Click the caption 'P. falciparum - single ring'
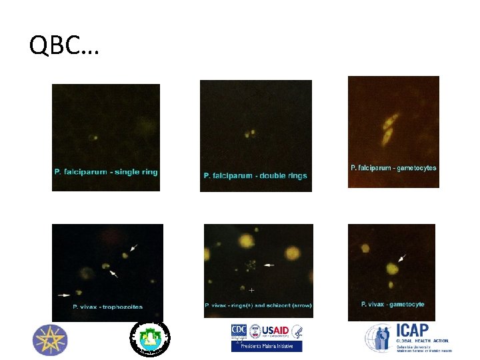coord(106,172)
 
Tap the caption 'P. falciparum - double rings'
coord(255,176)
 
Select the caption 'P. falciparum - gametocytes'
coord(393,168)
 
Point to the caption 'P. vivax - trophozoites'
coord(107,307)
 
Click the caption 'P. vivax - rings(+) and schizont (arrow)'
coord(258,305)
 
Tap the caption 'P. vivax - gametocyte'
coord(393,305)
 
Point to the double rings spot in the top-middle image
coord(249,134)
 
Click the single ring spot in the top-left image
coord(93,138)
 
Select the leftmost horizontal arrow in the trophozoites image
coord(65,293)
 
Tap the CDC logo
coord(239,331)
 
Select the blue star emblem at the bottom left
coord(50,339)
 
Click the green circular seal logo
coord(150,337)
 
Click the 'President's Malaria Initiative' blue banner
coord(267,346)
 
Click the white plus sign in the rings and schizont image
coord(251,291)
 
